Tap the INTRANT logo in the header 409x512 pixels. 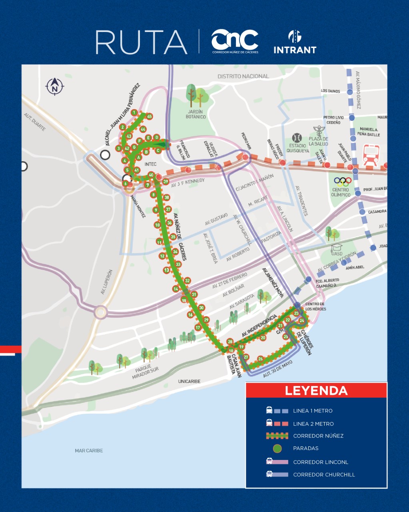(x=295, y=42)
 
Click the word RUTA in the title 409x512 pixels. (x=141, y=42)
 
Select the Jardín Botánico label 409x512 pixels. (x=196, y=114)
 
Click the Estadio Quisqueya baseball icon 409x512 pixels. (x=296, y=138)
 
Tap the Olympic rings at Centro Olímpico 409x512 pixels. (x=343, y=182)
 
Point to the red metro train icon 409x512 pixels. (x=371, y=155)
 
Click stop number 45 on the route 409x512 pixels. (x=150, y=116)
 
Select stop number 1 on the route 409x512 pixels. (x=134, y=112)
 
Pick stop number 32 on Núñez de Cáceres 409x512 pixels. (x=187, y=281)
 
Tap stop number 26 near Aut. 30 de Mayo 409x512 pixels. (x=261, y=359)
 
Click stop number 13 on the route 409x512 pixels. (x=166, y=270)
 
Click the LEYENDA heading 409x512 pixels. (x=316, y=390)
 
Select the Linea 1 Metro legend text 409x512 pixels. (x=313, y=411)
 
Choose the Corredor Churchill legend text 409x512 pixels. (x=324, y=475)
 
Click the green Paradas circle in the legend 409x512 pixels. (x=277, y=448)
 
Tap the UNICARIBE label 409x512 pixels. (x=189, y=381)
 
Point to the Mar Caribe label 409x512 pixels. (x=89, y=450)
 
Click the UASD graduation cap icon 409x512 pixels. (x=337, y=247)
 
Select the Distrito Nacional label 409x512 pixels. (x=243, y=76)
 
